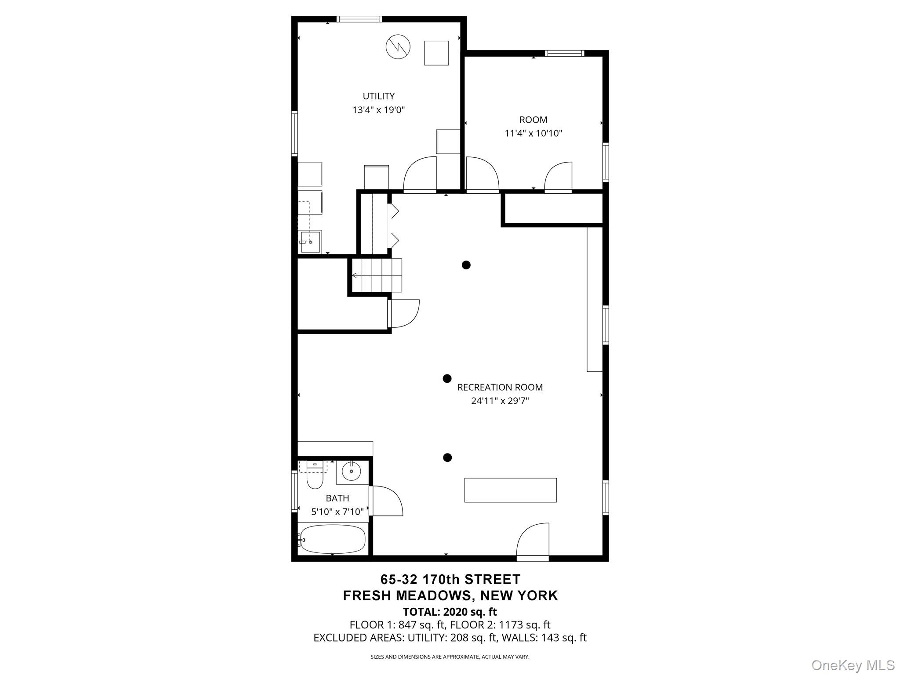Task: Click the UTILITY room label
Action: coord(378,96)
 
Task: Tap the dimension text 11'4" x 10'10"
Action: coord(533,133)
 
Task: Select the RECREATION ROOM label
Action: coord(500,387)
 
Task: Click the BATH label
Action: coord(337,498)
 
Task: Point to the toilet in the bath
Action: coord(315,477)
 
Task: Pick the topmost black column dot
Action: coord(466,265)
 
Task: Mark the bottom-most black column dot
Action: coord(447,457)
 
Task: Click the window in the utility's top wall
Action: coord(359,19)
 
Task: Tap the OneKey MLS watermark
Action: coord(853,665)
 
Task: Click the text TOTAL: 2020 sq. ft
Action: coord(450,612)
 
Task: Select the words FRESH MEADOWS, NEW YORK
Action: coord(450,595)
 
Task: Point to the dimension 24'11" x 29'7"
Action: coord(500,401)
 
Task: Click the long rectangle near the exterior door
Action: coord(510,490)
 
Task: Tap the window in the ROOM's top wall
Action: coord(564,53)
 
